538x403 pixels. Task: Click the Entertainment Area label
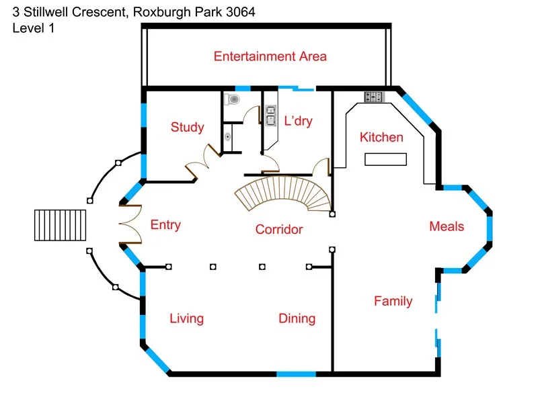pos(270,56)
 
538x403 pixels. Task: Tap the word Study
pos(187,128)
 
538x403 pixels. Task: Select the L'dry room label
pos(298,122)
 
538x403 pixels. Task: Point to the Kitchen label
pos(381,138)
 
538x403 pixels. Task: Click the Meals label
pos(447,226)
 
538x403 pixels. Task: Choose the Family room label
pos(393,301)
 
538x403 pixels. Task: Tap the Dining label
pos(297,318)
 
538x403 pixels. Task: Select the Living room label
pos(186,318)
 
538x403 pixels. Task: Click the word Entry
pos(165,225)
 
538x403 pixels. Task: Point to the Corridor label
pos(278,230)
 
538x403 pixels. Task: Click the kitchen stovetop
pos(374,97)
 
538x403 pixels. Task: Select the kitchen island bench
pos(386,159)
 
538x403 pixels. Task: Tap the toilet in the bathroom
pos(233,100)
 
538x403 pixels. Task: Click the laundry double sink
pos(270,116)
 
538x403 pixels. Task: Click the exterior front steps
pos(61,225)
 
